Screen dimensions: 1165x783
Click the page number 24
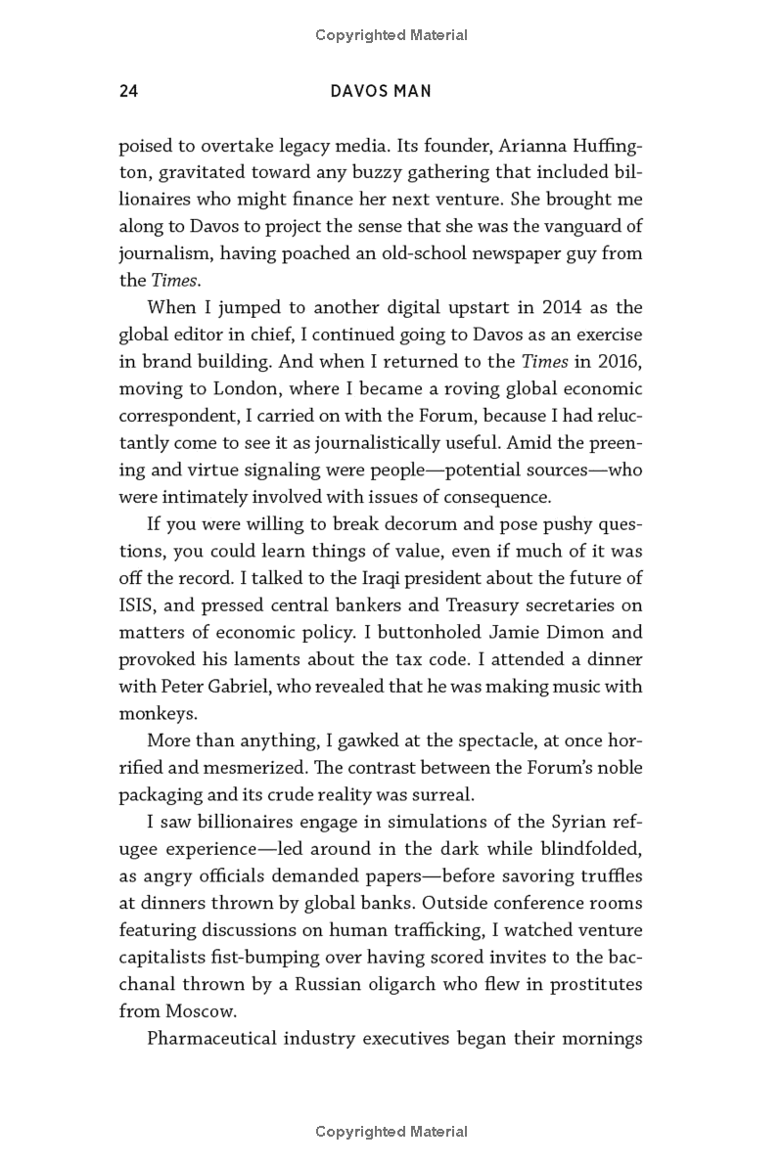click(127, 92)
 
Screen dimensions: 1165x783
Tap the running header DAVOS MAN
click(382, 92)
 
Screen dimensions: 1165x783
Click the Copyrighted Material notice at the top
click(391, 35)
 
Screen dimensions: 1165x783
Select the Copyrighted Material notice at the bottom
click(391, 1132)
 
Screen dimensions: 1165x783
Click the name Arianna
click(535, 147)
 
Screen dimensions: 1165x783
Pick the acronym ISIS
click(135, 605)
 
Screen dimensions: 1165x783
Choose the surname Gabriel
click(232, 686)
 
